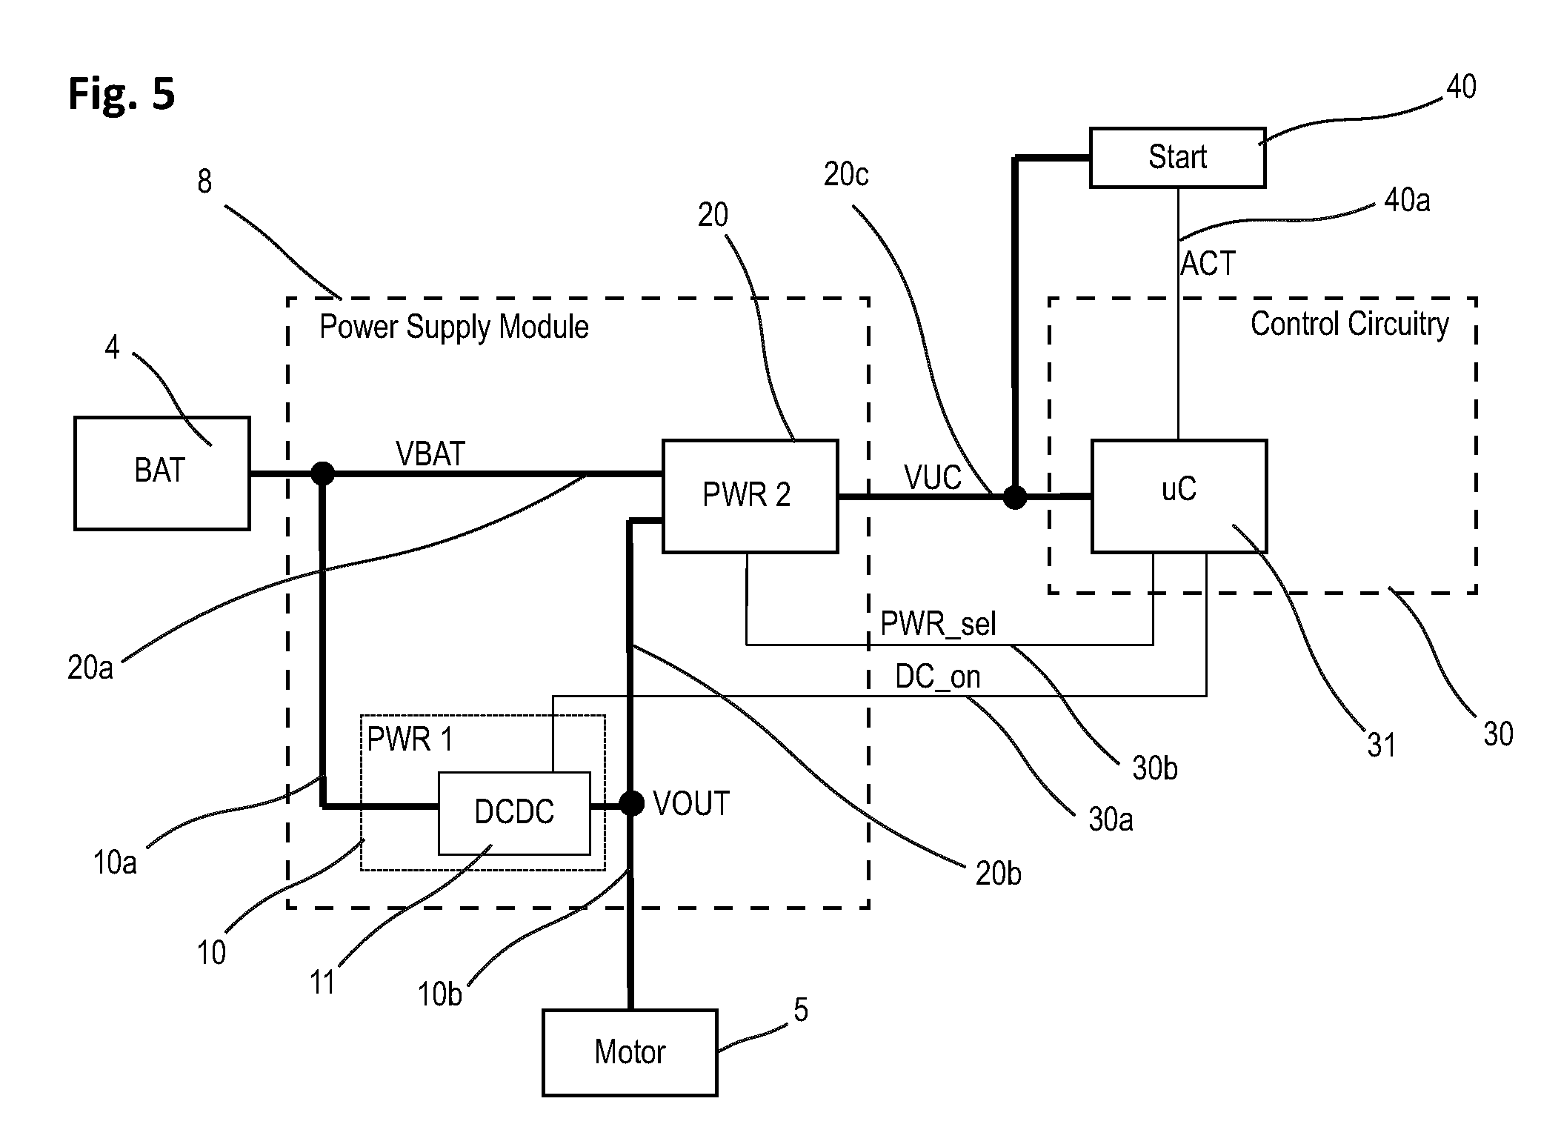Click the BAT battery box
click(162, 473)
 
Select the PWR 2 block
click(750, 496)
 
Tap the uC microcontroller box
click(1179, 496)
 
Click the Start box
click(1177, 157)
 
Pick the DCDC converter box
click(514, 813)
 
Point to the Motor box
click(630, 1052)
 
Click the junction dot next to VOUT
click(631, 803)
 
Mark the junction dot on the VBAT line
click(322, 473)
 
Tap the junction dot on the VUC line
click(1015, 496)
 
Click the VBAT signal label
click(430, 453)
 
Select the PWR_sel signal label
click(938, 624)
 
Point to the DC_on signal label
click(937, 676)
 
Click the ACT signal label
click(1208, 263)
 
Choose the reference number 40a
click(1407, 200)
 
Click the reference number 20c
click(846, 174)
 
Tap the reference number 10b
click(439, 994)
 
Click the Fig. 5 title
click(122, 94)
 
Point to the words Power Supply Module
click(453, 327)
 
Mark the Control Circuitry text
click(1349, 324)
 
